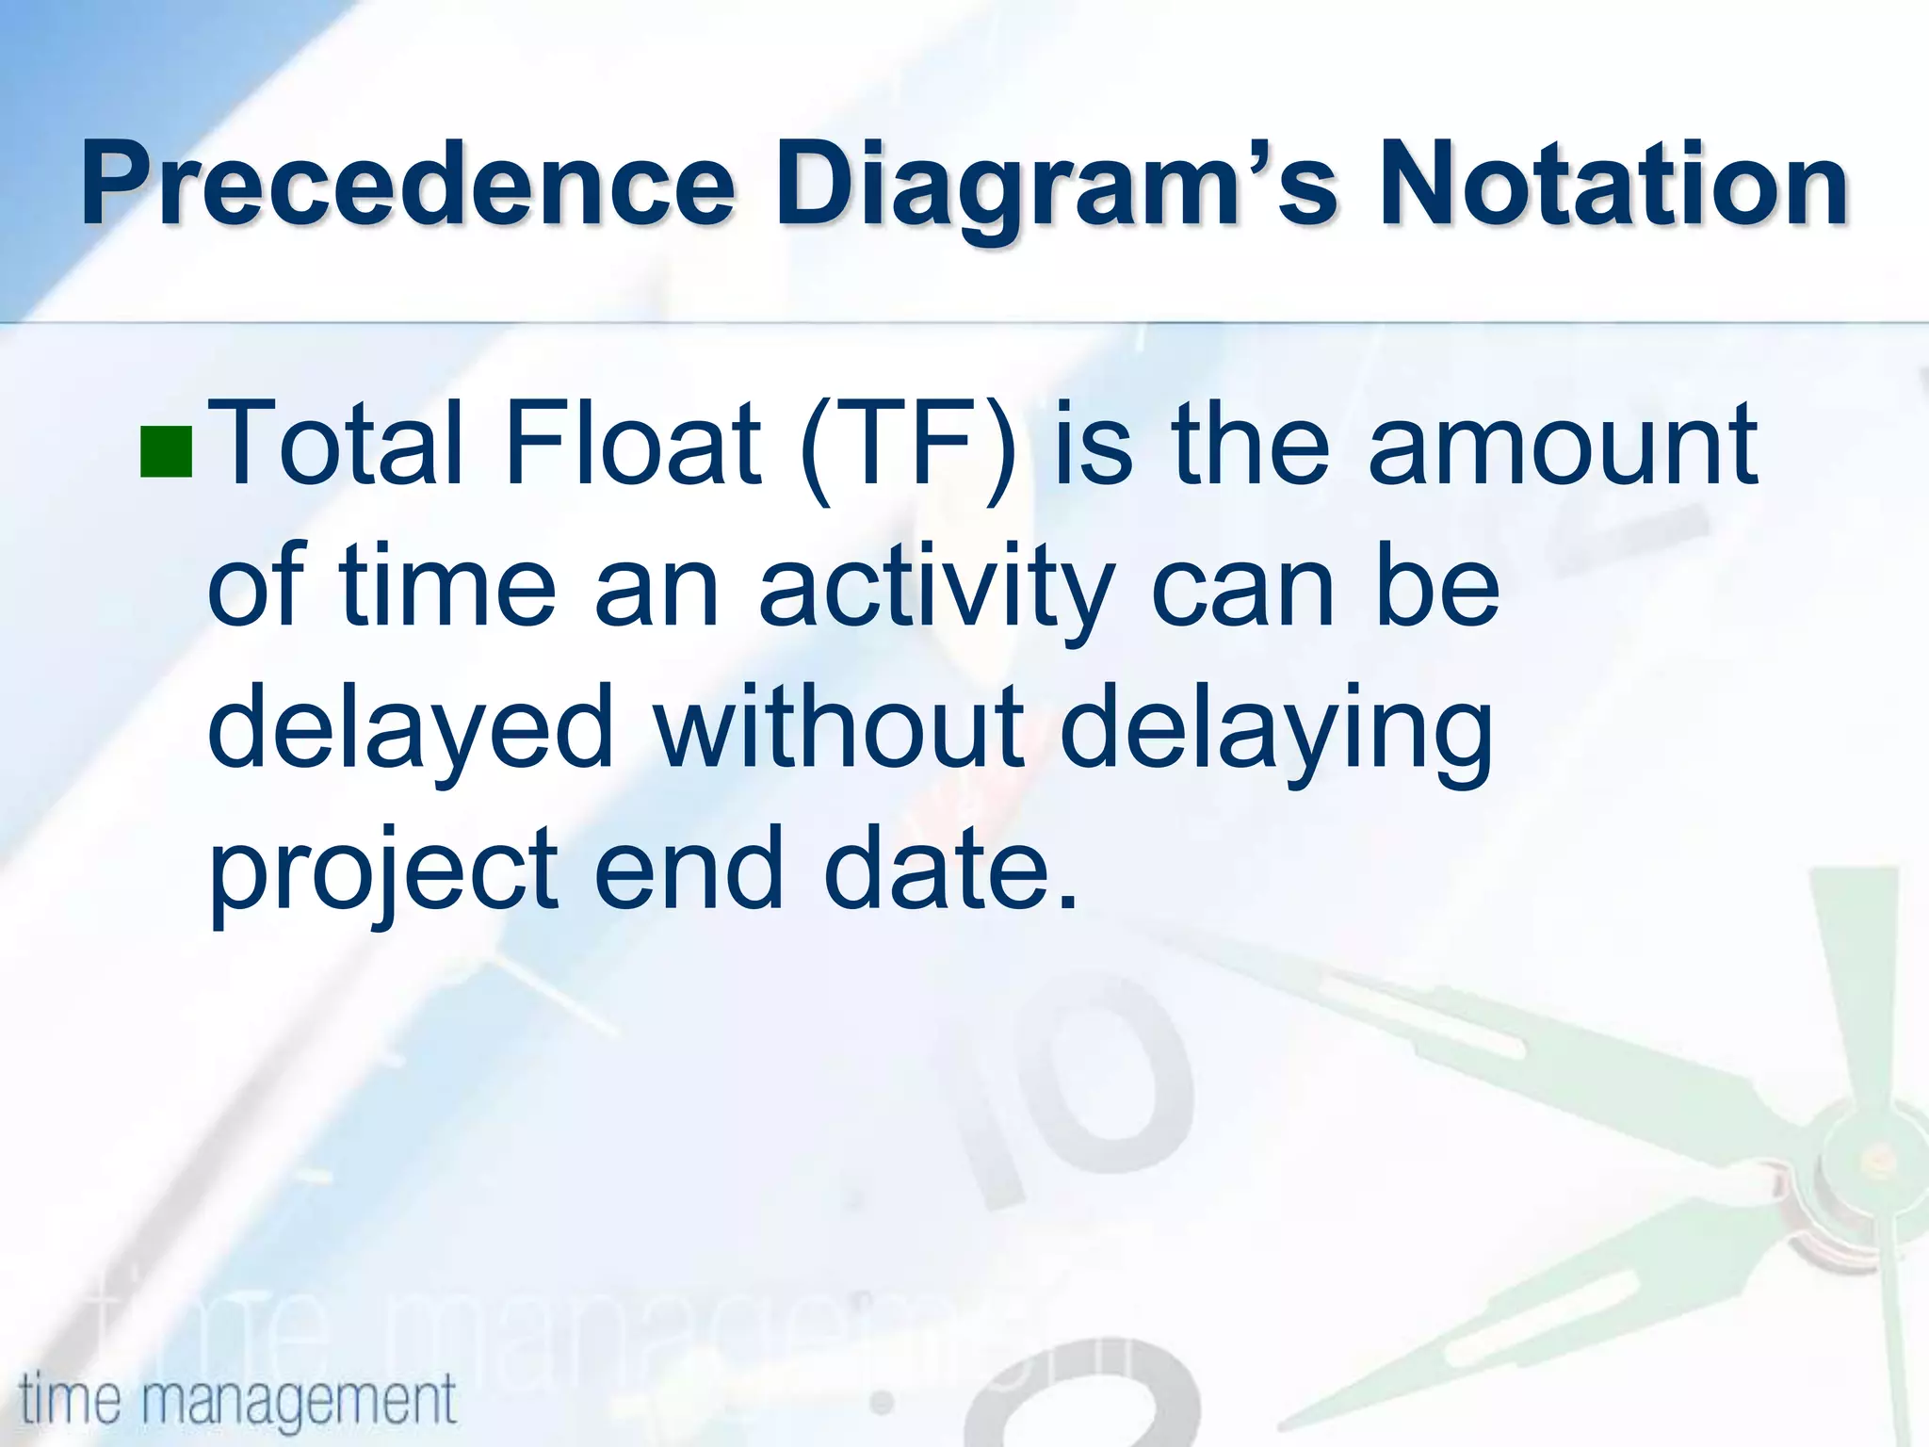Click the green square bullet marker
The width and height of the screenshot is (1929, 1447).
(167, 452)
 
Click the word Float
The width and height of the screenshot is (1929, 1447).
(632, 443)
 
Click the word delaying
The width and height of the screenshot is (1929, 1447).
(1276, 731)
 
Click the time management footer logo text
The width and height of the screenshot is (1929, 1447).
(237, 1399)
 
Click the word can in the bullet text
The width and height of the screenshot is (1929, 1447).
(1242, 590)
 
